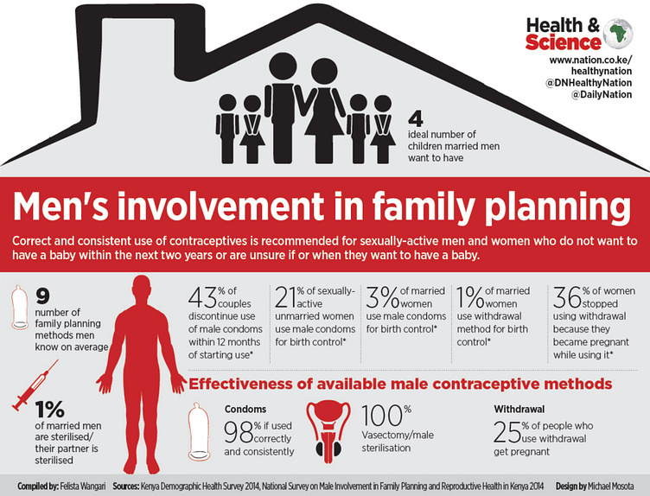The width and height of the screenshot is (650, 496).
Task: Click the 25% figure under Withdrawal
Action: pos(508,429)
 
